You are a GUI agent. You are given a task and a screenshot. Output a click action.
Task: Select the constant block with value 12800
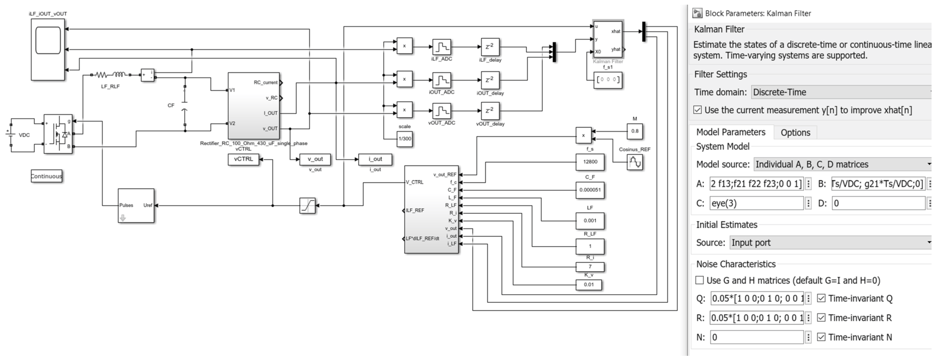point(590,162)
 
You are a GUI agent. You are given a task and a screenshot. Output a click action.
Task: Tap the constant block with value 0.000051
point(590,190)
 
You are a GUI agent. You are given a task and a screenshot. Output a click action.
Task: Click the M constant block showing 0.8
point(634,131)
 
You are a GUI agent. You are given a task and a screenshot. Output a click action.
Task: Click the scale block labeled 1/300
point(404,139)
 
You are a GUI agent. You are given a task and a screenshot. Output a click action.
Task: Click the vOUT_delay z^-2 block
point(490,111)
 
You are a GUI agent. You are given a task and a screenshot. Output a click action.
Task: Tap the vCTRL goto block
point(243,159)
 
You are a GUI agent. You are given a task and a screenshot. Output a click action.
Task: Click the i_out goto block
point(375,159)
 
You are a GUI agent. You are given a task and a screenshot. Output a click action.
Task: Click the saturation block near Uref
point(307,205)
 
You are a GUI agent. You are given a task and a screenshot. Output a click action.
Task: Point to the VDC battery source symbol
point(11,135)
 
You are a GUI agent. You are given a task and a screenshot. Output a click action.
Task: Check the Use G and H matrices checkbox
point(699,280)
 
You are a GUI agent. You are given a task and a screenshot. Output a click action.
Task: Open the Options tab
point(795,132)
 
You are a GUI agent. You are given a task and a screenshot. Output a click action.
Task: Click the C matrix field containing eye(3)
point(756,203)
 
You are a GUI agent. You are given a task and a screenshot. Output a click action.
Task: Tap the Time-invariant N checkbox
point(821,337)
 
